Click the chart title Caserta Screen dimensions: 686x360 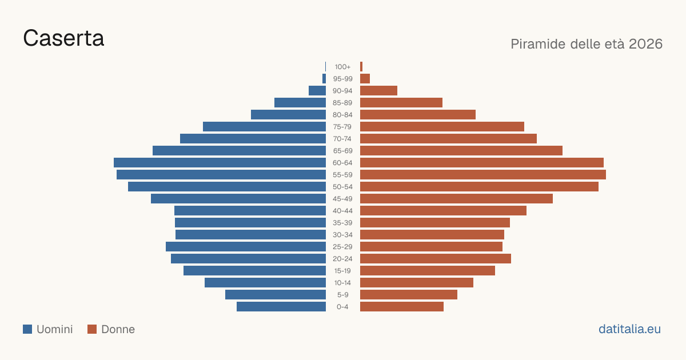point(63,38)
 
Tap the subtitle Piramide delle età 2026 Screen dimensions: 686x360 point(587,44)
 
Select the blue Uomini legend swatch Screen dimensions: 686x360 point(27,329)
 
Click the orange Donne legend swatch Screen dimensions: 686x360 point(92,329)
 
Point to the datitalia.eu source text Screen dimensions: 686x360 point(629,329)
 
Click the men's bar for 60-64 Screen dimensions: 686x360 point(220,162)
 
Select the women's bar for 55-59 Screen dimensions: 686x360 point(483,174)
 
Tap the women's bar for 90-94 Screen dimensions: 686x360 point(378,91)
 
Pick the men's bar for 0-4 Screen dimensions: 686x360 point(281,307)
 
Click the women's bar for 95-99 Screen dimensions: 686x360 point(365,79)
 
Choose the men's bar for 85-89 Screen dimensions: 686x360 point(300,102)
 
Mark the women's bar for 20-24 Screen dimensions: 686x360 point(436,259)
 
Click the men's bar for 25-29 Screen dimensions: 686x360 point(246,247)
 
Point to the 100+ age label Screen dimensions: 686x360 point(342,67)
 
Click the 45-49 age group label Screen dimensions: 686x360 point(342,199)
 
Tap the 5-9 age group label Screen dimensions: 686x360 point(342,295)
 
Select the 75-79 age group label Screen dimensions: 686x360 point(342,127)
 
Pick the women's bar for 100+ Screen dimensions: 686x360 point(361,67)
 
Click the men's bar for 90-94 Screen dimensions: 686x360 point(317,91)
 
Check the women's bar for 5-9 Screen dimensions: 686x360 point(409,295)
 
